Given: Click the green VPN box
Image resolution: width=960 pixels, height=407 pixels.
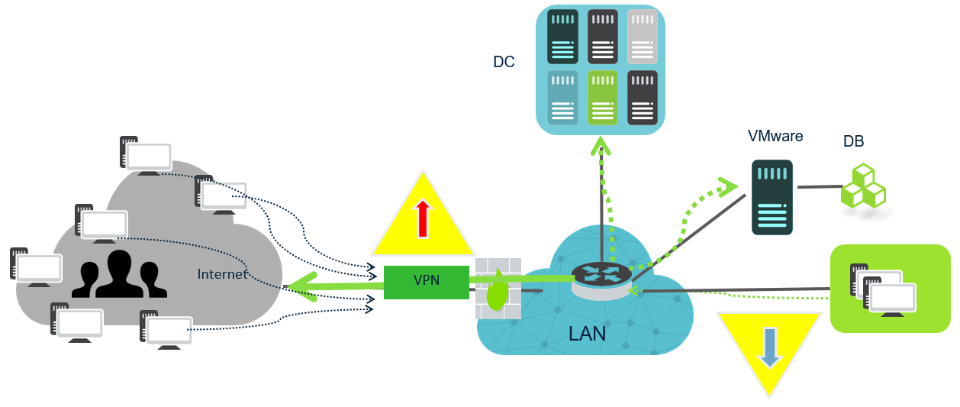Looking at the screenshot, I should pos(426,282).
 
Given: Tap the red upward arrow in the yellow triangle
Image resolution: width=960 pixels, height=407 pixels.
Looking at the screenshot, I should pos(422,219).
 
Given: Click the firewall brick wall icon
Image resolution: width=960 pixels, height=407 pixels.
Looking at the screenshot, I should pos(498,288).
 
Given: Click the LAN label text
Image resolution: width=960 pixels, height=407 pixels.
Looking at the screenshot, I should pos(587,333).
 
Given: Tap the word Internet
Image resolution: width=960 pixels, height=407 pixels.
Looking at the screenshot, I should pos(222,273).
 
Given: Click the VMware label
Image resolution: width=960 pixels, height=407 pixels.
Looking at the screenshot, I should pos(775,137).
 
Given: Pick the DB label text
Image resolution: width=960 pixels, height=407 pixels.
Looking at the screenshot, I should pos(853,141).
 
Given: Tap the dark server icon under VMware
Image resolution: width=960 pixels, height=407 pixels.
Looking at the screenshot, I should pos(773,197).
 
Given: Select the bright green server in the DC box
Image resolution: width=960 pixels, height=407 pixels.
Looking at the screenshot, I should pos(602,98).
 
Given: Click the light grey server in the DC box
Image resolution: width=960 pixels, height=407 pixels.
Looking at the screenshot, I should pos(642,37).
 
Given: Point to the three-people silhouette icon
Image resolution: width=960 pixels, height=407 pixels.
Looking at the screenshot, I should pos(119,273).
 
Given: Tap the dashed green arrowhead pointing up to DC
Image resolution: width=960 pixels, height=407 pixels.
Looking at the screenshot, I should pos(601,145).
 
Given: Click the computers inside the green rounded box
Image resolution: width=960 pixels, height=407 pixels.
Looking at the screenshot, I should pos(886,288).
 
